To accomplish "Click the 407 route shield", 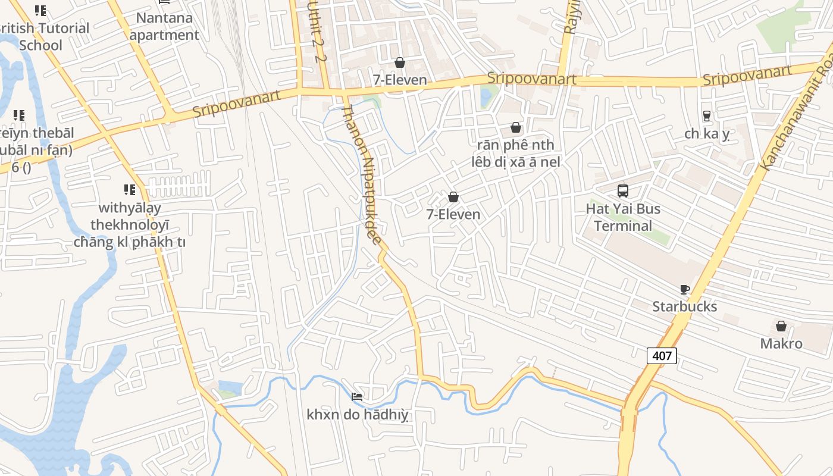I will pos(662,356).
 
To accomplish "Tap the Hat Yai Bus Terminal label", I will pos(623,217).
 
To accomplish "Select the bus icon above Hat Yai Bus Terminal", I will pos(623,191).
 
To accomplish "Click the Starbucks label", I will pos(684,306).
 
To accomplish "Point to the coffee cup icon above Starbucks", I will pos(685,290).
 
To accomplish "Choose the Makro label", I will pos(781,343).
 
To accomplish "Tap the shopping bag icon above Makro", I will pos(781,326).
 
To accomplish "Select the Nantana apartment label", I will pos(164,26).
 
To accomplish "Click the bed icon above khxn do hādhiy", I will pos(357,397).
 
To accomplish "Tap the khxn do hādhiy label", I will pos(358,415).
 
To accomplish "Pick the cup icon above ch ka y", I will pos(707,116).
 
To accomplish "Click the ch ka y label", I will pos(707,134).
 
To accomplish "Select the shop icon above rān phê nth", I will pos(516,128).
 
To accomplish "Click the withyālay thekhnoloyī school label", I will pos(129,225).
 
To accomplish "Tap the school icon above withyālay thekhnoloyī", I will pos(129,190).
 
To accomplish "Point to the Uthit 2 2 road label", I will pos(317,31).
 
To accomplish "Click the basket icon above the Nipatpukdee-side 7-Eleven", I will pos(453,197).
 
